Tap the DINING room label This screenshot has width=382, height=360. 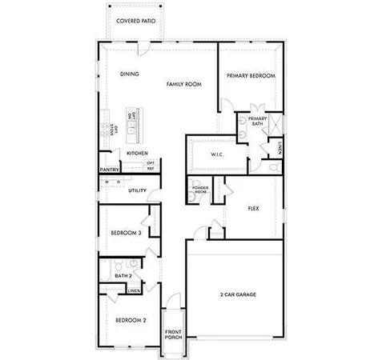click(x=129, y=74)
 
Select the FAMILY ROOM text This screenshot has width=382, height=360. click(x=183, y=83)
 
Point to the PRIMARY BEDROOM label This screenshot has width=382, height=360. click(x=250, y=75)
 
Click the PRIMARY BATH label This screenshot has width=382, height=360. click(x=256, y=121)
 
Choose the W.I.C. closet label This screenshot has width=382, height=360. click(x=216, y=154)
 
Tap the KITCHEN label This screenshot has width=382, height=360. click(x=137, y=152)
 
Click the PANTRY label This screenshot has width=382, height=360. click(x=110, y=170)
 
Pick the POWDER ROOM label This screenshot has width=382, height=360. click(x=200, y=190)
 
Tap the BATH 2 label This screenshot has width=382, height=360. click(x=123, y=275)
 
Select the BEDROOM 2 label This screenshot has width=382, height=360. click(x=130, y=319)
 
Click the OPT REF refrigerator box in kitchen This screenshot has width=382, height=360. click(x=151, y=166)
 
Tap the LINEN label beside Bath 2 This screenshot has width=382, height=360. click(x=134, y=290)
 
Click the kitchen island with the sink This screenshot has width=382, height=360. click(x=133, y=126)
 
